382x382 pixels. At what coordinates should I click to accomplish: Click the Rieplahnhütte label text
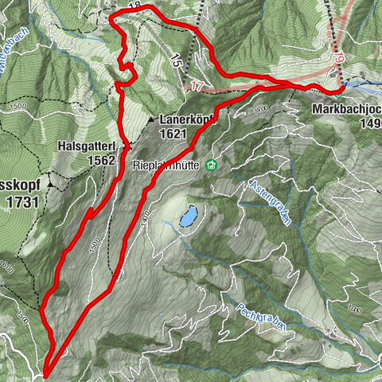166,166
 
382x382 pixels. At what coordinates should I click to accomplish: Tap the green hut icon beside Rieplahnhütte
211,166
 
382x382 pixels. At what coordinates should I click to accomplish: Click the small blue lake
189,216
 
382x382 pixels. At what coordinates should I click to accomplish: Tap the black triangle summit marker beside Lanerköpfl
151,119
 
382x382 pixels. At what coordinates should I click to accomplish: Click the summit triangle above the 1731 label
49,185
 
